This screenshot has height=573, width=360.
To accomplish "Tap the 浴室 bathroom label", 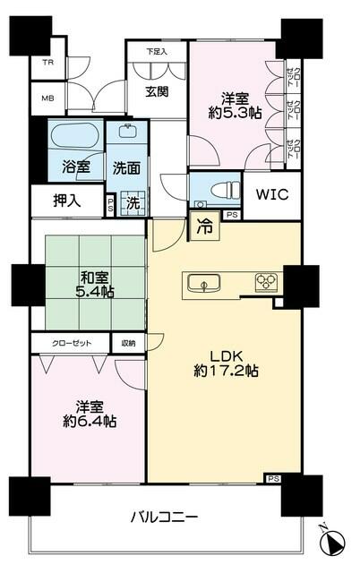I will pos(75,166).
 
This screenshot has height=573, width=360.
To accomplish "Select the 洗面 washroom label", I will pos(126,166).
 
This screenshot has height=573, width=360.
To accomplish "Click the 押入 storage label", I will pos(66,201).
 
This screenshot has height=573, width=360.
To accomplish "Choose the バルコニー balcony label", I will pos(163,517).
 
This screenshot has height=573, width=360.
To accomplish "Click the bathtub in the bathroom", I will pos(74,139).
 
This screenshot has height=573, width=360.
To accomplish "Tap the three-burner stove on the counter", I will pos(265,283).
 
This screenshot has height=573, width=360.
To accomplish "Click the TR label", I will pos(47,64).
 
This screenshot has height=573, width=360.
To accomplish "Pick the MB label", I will pos(47,98).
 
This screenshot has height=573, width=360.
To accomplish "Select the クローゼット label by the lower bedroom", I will pos(70,342).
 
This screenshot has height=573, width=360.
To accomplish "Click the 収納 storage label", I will pos(128,342).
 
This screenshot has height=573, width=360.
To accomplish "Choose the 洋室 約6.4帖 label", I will pos(88,413).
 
